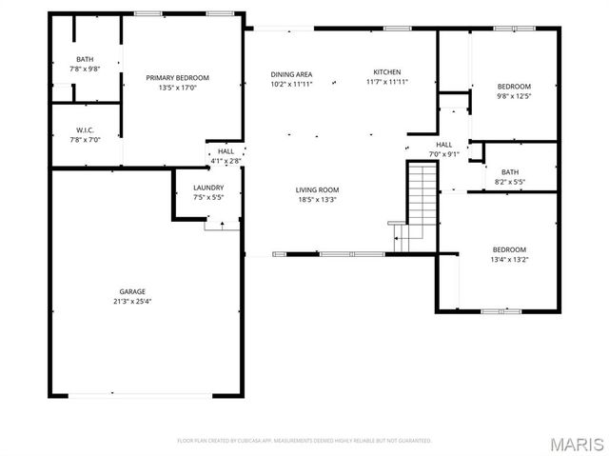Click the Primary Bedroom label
[177, 77]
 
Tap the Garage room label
[132, 291]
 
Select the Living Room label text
[317, 189]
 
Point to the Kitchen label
[386, 72]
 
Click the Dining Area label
[291, 73]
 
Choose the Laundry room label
[207, 188]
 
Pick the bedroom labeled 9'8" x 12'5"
[514, 90]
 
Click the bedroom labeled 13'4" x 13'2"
[509, 255]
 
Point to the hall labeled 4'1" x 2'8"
[226, 156]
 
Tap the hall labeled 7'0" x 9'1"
[418, 149]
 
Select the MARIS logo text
[577, 445]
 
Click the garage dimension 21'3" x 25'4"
[132, 301]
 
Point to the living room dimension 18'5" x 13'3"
[317, 200]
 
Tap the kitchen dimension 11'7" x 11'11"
[386, 82]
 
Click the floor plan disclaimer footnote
[304, 441]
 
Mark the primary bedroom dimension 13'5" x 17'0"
[177, 87]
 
